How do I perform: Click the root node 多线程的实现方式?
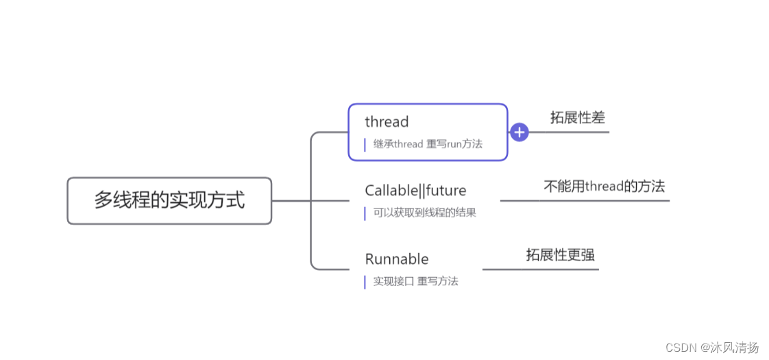(169, 200)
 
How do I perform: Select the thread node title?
(387, 122)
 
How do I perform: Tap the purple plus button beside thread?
(520, 132)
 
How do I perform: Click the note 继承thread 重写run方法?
(428, 144)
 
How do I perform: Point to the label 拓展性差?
(577, 118)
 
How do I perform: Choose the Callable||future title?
(415, 191)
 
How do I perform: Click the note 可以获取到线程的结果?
(424, 213)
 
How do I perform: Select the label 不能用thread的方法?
(604, 187)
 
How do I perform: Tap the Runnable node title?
(397, 259)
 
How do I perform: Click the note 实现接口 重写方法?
(415, 281)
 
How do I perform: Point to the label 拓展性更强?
(560, 255)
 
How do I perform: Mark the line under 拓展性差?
(569, 132)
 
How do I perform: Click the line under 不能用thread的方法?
(585, 201)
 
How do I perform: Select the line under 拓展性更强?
(541, 269)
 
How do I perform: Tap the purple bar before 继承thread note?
(365, 145)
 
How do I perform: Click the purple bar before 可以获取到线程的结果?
(365, 213)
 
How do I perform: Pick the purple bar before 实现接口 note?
(365, 282)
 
